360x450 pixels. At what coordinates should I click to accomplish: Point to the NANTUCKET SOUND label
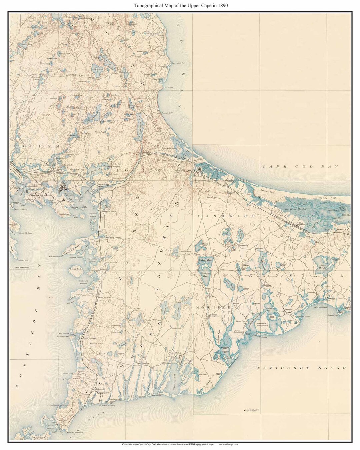point(301,368)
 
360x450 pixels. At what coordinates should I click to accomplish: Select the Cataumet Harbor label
point(83,282)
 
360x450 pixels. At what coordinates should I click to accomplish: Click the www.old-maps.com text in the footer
point(228,444)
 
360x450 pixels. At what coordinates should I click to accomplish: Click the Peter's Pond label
point(206,244)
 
